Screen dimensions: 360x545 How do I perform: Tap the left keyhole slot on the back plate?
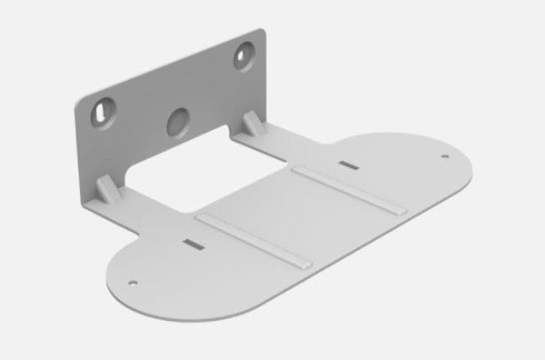tap(99, 113)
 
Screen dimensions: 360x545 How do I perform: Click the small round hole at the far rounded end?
tap(444, 156)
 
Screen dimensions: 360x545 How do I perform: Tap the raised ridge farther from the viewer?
tap(346, 189)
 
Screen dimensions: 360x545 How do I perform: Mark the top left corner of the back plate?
tap(74, 100)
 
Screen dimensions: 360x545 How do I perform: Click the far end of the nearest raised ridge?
tap(200, 219)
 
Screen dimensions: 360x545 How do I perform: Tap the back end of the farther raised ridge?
tap(294, 168)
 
